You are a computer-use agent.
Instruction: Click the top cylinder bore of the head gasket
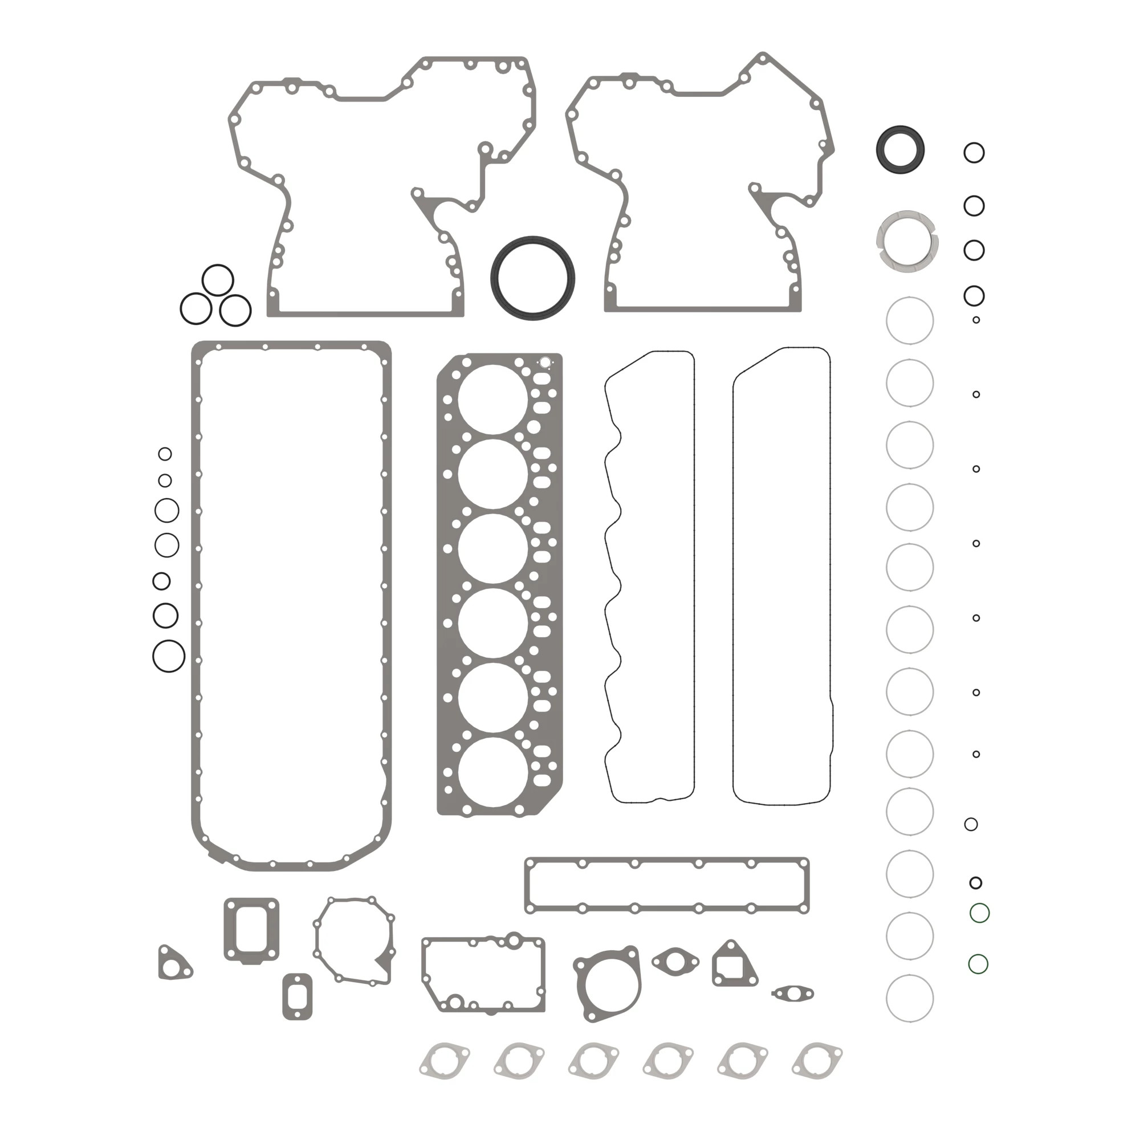point(492,400)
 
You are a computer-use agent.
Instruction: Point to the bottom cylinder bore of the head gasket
point(492,772)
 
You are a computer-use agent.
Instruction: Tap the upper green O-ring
point(979,913)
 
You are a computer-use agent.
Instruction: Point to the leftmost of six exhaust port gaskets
point(445,1061)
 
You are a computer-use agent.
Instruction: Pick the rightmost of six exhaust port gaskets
point(817,1061)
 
